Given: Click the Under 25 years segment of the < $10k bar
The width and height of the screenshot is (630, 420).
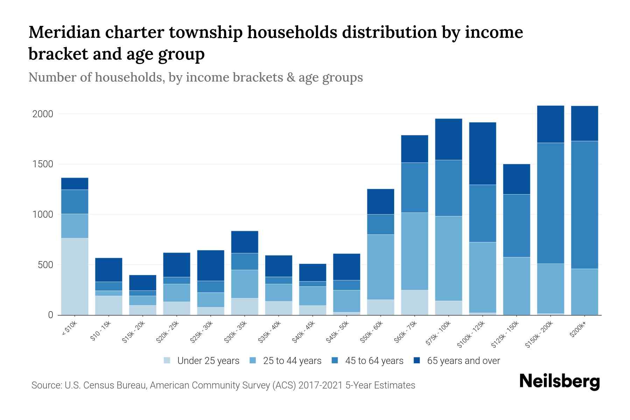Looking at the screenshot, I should pos(75,276).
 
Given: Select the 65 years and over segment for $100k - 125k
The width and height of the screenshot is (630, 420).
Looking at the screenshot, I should pos(483,153).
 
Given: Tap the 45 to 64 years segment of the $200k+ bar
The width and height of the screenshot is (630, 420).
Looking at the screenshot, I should pos(584,205).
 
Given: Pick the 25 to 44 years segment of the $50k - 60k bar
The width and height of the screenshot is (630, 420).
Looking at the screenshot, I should pos(380,267).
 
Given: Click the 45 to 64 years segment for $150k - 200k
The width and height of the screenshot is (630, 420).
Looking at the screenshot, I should pos(551,203).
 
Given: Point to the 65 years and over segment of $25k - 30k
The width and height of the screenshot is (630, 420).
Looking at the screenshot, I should pos(211,265).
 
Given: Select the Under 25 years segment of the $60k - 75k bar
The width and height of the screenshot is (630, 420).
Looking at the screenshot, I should pos(414,302).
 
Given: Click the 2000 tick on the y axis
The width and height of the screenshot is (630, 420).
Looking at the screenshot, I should pos(42,114).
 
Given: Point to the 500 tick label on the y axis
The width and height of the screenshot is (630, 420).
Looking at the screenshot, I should pos(45,265).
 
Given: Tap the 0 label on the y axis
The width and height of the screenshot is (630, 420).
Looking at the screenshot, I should pos(50,315).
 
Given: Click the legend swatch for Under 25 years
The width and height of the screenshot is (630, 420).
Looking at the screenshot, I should pos(167,360).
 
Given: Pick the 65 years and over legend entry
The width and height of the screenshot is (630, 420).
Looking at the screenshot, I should pos(463,361).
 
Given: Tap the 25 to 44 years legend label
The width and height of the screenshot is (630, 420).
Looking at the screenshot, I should pos(292,361).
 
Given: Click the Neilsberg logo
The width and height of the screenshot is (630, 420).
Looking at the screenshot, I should pos(559,382).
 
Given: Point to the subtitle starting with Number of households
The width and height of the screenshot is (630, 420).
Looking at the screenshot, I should pos(195,77).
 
